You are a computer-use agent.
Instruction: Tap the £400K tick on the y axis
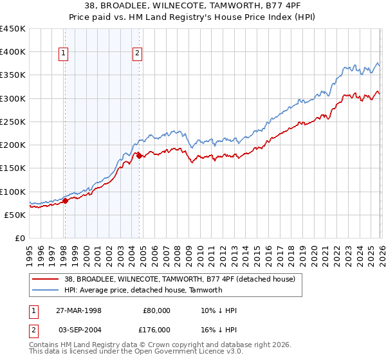coord(13,52)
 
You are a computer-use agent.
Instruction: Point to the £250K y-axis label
coord(13,122)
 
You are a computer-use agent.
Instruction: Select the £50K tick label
coord(15,215)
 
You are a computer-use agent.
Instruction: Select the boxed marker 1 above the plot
coord(64,54)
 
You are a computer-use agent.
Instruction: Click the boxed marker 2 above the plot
coord(138,54)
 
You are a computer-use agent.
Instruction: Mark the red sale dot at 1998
coord(65,201)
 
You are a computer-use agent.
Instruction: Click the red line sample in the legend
coord(45,279)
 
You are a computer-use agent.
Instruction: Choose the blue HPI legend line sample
coord(45,290)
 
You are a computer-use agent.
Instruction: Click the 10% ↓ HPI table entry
coord(219,310)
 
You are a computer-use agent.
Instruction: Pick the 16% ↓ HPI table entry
coord(219,328)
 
